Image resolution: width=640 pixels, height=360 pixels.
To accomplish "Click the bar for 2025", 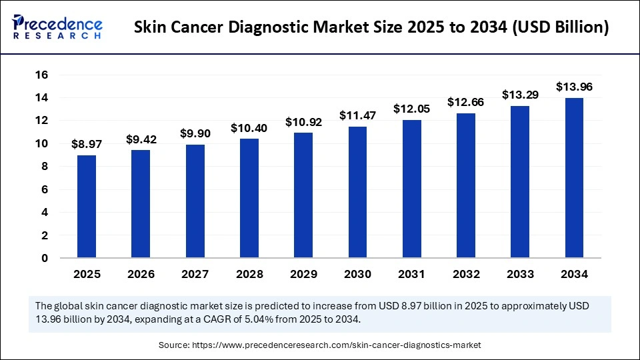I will pyautogui.click(x=87, y=207).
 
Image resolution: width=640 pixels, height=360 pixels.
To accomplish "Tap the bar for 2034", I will pyautogui.click(x=574, y=178).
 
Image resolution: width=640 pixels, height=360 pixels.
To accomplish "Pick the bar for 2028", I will pyautogui.click(x=249, y=198).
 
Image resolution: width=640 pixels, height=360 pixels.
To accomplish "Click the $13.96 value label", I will pyautogui.click(x=574, y=87).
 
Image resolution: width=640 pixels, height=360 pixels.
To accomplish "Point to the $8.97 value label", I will pyautogui.click(x=87, y=144).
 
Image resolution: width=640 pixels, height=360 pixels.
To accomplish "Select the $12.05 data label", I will pyautogui.click(x=411, y=109).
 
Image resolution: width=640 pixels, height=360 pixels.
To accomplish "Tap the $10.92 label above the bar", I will pyautogui.click(x=303, y=122).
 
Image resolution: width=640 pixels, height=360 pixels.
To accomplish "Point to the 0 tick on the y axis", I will pyautogui.click(x=45, y=258).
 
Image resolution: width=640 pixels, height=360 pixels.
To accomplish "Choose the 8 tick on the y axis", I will pyautogui.click(x=45, y=167).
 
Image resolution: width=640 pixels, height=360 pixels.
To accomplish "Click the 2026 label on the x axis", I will pyautogui.click(x=141, y=274).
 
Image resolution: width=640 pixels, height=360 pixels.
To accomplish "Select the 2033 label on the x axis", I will pyautogui.click(x=520, y=274).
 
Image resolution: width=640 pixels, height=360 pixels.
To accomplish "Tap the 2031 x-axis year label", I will pyautogui.click(x=411, y=274).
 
